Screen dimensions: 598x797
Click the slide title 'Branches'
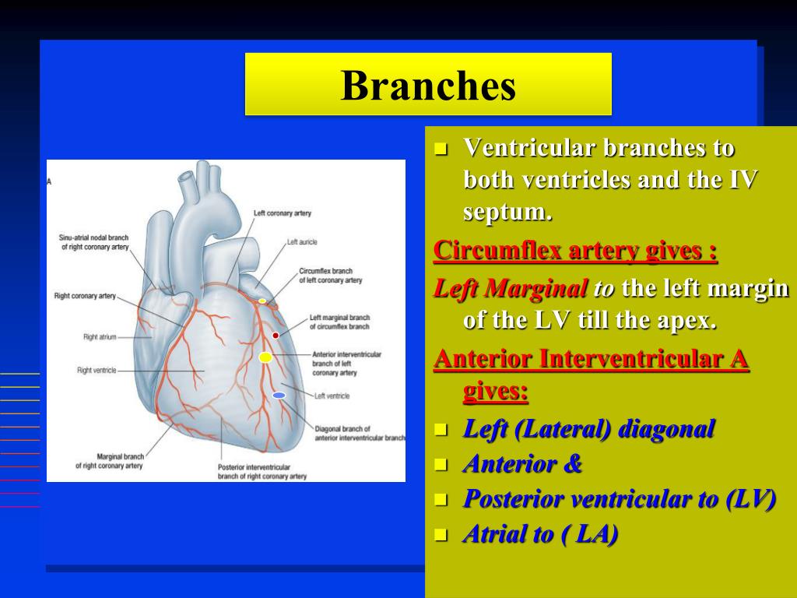coord(428,86)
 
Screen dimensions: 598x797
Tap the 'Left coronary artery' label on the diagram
coord(282,213)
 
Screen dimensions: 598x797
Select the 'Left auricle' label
coord(302,242)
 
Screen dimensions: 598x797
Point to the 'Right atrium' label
coord(100,337)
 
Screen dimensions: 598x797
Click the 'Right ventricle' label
coord(97,371)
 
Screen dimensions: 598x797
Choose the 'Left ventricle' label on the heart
coord(332,396)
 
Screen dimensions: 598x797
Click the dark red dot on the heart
coord(276,336)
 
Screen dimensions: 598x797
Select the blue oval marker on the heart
coord(279,396)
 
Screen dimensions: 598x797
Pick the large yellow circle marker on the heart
coord(265,357)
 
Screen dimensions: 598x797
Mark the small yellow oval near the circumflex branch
coord(262,301)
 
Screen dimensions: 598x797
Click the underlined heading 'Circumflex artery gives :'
coord(575,251)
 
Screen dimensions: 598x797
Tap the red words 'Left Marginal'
coord(511,290)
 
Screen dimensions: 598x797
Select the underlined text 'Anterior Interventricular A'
coord(591,360)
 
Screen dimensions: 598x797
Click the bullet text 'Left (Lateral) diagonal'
coord(588,429)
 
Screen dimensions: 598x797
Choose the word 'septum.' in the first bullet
coord(507,212)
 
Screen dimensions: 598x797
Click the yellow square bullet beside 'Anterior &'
coord(441,466)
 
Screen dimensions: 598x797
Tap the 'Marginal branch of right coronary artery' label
coord(109,461)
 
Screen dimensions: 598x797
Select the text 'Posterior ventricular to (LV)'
coord(619,500)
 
